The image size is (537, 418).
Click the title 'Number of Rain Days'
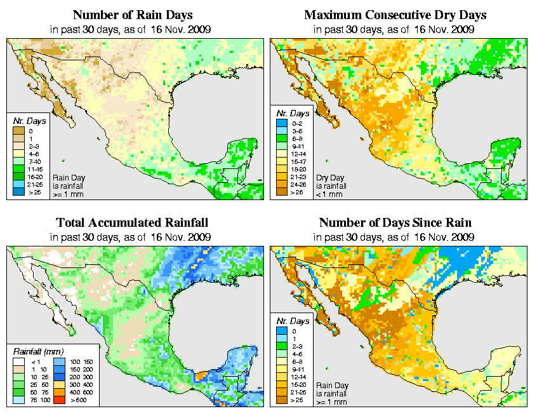point(133,15)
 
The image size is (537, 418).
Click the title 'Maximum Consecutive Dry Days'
point(395,15)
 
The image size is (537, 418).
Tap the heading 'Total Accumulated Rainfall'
point(133,222)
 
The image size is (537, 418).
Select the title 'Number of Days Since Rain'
point(395,222)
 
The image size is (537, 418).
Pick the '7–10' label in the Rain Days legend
point(34,161)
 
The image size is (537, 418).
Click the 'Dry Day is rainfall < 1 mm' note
point(331,185)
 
